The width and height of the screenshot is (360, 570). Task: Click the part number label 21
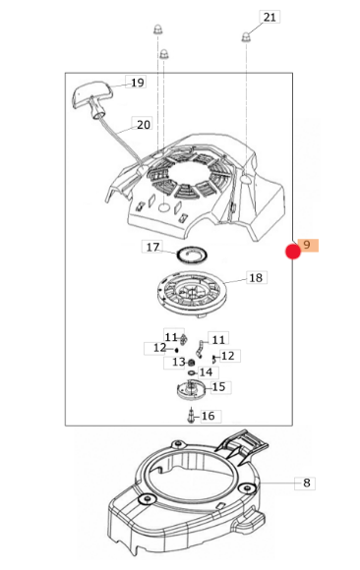click(270, 17)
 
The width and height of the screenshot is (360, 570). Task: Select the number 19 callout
click(137, 83)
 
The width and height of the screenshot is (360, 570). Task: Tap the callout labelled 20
click(143, 125)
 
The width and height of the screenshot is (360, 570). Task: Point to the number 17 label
click(152, 248)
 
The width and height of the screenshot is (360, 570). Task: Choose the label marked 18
click(257, 278)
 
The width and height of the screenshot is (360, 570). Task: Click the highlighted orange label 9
click(308, 245)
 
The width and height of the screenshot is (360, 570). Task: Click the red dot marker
click(293, 252)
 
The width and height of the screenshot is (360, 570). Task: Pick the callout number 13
click(178, 362)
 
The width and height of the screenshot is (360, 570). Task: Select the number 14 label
click(206, 372)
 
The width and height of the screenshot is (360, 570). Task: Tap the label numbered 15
click(218, 387)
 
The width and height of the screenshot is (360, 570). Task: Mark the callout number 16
click(209, 416)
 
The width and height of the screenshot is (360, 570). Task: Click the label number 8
click(307, 483)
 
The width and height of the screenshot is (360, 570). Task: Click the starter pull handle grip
click(90, 94)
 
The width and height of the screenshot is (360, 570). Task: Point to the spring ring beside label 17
click(192, 255)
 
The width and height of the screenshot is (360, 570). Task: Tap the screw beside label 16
click(191, 416)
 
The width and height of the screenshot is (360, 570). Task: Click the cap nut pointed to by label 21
click(246, 36)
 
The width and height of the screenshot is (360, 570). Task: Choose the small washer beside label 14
click(192, 373)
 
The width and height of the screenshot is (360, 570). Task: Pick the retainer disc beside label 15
click(191, 390)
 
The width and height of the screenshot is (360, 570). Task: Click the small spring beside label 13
click(191, 363)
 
